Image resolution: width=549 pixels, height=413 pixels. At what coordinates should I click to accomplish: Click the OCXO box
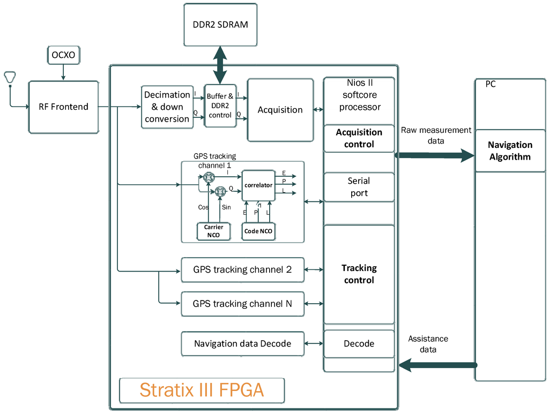[x=63, y=55]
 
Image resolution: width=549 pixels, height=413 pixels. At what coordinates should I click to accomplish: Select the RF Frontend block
[x=63, y=107]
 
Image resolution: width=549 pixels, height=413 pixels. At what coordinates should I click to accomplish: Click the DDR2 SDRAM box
[x=220, y=25]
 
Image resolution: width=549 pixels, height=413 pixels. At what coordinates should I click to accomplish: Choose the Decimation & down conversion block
[x=167, y=107]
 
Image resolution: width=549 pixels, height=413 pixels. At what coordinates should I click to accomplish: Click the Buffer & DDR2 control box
[x=220, y=106]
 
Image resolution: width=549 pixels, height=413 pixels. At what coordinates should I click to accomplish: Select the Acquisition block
[x=280, y=110]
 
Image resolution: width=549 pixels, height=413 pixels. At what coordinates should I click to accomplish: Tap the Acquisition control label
[x=359, y=138]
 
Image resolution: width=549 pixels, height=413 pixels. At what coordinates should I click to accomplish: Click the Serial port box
[x=359, y=187]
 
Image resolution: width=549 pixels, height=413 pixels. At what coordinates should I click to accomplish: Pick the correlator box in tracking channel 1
[x=258, y=185]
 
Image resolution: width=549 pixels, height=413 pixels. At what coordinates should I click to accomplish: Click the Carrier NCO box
[x=213, y=231]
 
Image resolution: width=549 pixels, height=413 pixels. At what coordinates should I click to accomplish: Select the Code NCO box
[x=258, y=231]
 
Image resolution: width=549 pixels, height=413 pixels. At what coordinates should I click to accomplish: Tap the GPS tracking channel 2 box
[x=242, y=269]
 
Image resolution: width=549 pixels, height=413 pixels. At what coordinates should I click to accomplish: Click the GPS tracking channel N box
[x=242, y=304]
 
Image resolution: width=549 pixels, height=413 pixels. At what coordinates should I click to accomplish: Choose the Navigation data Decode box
[x=242, y=343]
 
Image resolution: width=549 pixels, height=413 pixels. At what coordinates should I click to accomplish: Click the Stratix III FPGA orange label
[x=202, y=390]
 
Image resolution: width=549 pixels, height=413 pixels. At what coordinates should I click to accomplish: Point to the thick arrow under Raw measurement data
[x=434, y=156]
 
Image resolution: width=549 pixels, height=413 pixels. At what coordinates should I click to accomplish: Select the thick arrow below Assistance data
[x=437, y=365]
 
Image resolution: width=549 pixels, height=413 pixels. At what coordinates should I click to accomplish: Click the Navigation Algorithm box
[x=509, y=151]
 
